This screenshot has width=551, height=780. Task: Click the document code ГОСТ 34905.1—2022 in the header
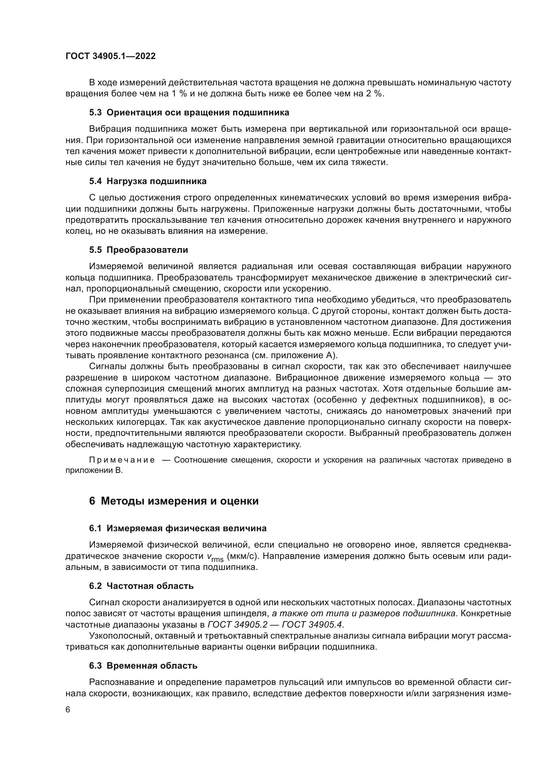[110, 56]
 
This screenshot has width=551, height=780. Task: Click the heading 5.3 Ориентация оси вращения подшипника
[189, 112]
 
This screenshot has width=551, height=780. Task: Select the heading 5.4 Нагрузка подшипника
[148, 181]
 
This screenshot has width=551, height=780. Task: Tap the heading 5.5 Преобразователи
[139, 250]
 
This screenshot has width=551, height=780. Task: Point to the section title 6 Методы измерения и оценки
[174, 501]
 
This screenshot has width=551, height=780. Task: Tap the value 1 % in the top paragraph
[178, 93]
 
